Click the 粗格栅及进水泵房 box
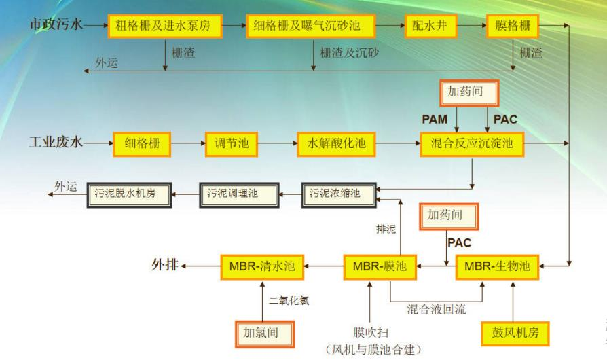pyautogui.click(x=165, y=26)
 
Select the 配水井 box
pyautogui.click(x=431, y=26)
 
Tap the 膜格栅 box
pyautogui.click(x=513, y=26)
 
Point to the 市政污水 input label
pyautogui.click(x=56, y=24)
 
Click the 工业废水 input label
pyautogui.click(x=56, y=142)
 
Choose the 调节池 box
pyautogui.click(x=232, y=144)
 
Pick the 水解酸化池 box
pyautogui.click(x=336, y=144)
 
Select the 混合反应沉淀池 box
pyautogui.click(x=473, y=144)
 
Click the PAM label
pyautogui.click(x=435, y=120)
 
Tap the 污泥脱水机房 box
pyautogui.click(x=129, y=195)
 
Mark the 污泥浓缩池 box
pyautogui.click(x=339, y=195)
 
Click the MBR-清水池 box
pyautogui.click(x=262, y=267)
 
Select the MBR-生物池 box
pyautogui.click(x=498, y=267)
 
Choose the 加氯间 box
pyautogui.click(x=265, y=334)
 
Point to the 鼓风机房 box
pyautogui.click(x=515, y=334)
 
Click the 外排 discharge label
pyautogui.click(x=165, y=265)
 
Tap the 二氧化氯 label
pyautogui.click(x=289, y=300)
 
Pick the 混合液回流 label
pyautogui.click(x=437, y=309)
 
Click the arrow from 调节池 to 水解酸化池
pyautogui.click(x=278, y=143)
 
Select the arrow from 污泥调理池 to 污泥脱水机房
pyautogui.click(x=185, y=194)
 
